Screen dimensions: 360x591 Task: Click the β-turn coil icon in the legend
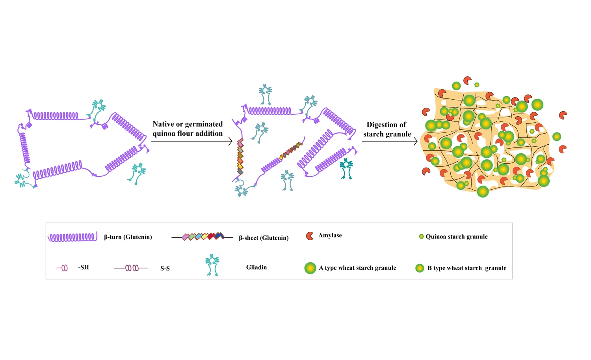(x=72, y=237)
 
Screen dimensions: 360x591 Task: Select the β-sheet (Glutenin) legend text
(x=264, y=238)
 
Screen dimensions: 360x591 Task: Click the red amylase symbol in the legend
(x=310, y=236)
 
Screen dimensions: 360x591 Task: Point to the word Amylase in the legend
(x=330, y=235)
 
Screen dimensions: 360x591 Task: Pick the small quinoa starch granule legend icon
(x=421, y=237)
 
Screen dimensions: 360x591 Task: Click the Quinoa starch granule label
(x=456, y=237)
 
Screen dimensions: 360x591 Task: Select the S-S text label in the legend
(x=165, y=269)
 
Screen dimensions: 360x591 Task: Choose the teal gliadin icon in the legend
(x=212, y=265)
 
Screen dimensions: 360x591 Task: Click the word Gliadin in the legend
(x=256, y=267)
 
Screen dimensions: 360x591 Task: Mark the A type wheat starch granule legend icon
(x=310, y=268)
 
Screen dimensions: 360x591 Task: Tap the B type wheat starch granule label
(x=466, y=268)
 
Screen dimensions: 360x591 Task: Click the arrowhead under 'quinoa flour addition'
(x=230, y=141)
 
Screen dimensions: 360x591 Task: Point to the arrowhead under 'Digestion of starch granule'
(x=415, y=141)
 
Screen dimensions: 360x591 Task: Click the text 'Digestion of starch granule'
(x=387, y=129)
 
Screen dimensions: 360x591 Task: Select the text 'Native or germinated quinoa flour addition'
(x=188, y=129)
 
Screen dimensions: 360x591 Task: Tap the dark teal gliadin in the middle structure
(x=346, y=168)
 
